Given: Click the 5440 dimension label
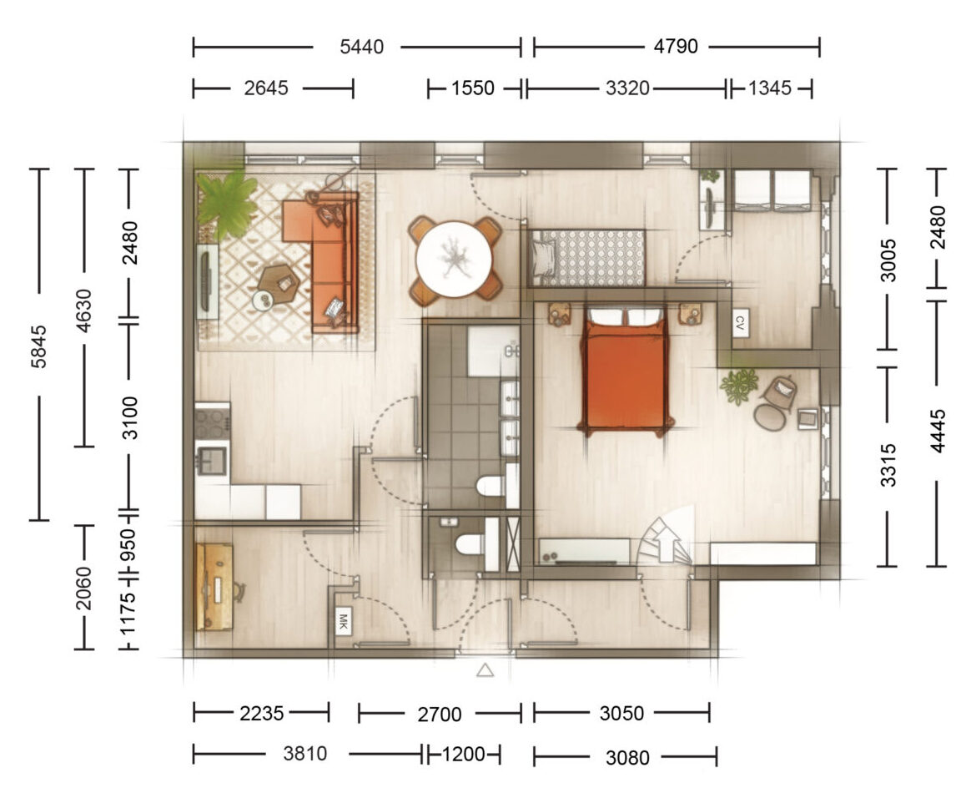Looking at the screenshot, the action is coord(361,47).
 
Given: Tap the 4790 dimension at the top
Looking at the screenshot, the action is coord(676,46).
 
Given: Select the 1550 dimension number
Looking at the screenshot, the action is coord(472,88).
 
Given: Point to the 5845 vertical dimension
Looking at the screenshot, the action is coord(39,346).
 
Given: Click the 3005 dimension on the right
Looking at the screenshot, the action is coord(889,261).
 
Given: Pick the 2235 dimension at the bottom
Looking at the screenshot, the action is coord(261,713).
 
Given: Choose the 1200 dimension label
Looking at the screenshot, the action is coord(463,755).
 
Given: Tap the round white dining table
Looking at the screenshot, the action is coord(455,259).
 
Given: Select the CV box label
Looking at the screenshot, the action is coord(740,323).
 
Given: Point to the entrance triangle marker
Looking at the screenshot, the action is coord(485,670).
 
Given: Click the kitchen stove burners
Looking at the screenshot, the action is coord(212,421).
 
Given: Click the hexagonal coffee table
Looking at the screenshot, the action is coord(279,284).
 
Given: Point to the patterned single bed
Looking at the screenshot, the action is coord(587,257).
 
